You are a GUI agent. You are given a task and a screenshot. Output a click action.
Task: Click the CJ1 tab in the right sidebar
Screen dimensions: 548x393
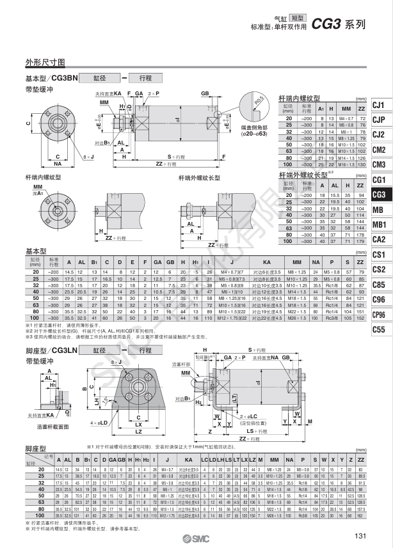click(x=379, y=105)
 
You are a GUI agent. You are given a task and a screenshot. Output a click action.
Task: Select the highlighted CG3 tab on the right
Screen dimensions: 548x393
click(x=379, y=195)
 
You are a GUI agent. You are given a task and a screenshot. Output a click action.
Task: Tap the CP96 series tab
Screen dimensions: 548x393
click(x=379, y=315)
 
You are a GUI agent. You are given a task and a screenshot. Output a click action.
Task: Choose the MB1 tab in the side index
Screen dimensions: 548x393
click(x=379, y=225)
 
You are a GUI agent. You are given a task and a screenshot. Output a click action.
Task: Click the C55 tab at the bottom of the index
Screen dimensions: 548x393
click(x=379, y=330)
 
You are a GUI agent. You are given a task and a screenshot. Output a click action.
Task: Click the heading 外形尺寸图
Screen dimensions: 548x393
click(x=45, y=63)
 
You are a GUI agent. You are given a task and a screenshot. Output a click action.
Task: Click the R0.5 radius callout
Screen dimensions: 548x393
click(x=259, y=102)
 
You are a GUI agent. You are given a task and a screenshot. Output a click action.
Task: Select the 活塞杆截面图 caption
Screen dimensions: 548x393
click(x=54, y=426)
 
